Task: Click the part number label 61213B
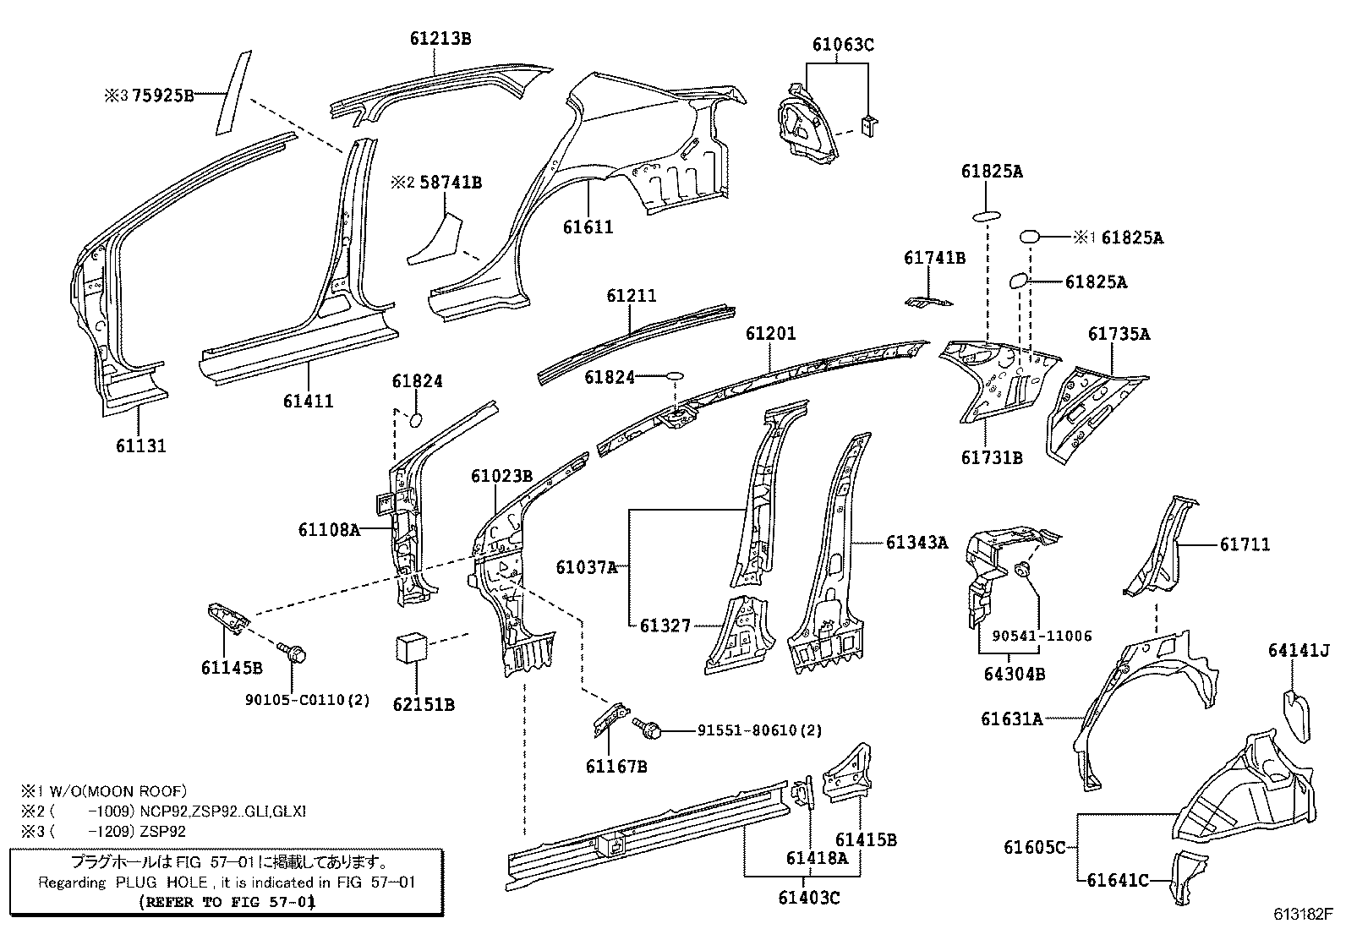point(440,38)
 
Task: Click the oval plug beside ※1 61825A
point(1030,237)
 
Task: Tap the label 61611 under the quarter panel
point(588,227)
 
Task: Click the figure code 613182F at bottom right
point(1303,914)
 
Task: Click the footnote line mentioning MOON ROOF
point(103,791)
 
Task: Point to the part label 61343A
point(916,542)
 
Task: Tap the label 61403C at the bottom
point(809,897)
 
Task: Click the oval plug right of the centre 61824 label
point(676,375)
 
